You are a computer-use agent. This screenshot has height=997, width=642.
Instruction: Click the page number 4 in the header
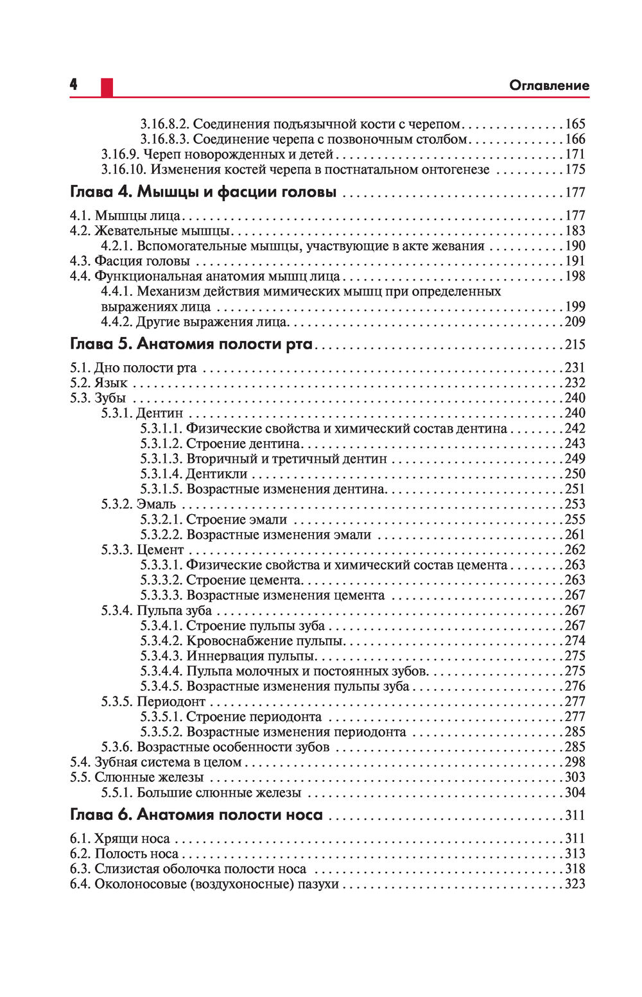[x=74, y=85]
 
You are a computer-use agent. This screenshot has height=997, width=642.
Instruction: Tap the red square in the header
[x=107, y=87]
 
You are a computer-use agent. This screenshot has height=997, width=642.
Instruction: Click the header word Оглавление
[x=548, y=85]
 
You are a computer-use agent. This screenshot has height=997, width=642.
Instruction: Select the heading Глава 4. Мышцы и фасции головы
[x=203, y=192]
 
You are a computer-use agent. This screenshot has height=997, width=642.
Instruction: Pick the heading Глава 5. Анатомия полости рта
[x=191, y=344]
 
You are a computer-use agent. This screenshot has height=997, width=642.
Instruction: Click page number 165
[x=575, y=124]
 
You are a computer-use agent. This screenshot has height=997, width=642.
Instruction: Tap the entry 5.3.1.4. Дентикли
[x=194, y=474]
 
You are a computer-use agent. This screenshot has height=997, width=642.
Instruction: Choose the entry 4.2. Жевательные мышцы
[x=150, y=230]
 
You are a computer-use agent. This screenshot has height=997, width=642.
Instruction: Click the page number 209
[x=575, y=322]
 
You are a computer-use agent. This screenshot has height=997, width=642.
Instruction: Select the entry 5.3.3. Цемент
[x=142, y=550]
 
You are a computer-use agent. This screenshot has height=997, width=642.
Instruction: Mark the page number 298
[x=575, y=762]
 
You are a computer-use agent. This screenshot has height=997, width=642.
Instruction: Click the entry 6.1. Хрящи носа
[x=119, y=838]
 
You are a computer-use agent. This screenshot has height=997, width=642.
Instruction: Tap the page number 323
[x=575, y=884]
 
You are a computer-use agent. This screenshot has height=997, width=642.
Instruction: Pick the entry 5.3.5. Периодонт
[x=153, y=702]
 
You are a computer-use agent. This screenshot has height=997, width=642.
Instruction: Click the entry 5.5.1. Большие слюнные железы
[x=201, y=793]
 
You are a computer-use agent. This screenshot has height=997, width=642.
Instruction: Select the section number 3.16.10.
[x=124, y=169]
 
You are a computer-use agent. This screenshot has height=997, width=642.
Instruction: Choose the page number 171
[x=575, y=154]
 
